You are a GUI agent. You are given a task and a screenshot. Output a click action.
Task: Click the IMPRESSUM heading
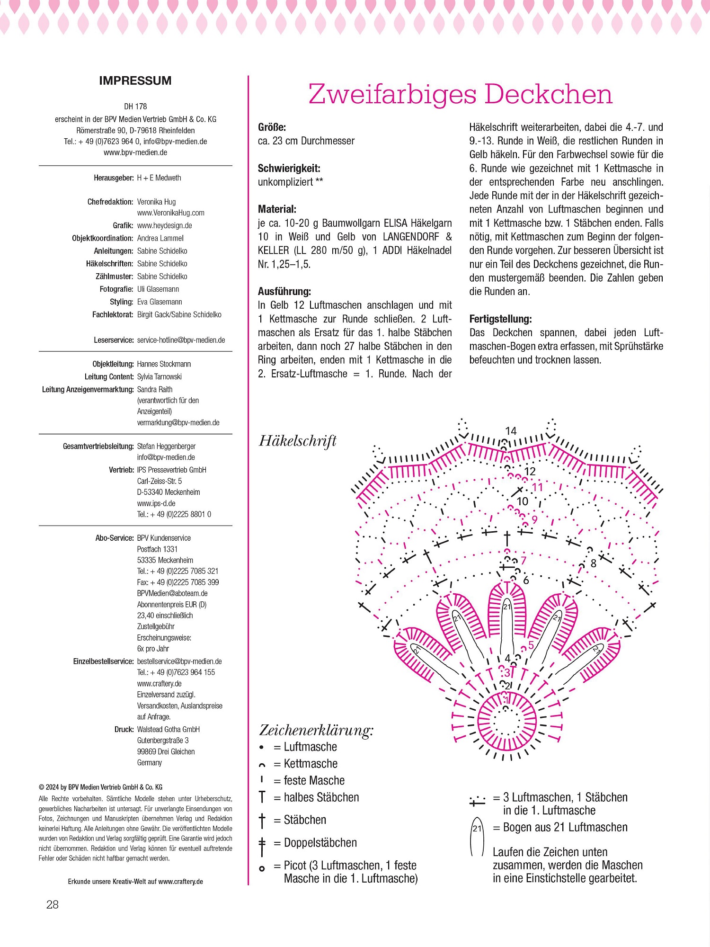135,81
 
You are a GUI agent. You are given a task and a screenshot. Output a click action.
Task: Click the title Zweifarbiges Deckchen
460,94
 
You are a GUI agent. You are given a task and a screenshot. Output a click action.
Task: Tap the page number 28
53,904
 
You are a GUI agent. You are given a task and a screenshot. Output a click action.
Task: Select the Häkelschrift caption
298,441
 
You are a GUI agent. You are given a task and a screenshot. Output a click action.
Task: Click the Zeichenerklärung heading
316,730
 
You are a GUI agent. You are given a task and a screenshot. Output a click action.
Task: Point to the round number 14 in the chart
511,431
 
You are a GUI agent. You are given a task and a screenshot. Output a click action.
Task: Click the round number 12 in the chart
530,471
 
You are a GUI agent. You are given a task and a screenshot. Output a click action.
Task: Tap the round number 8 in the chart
593,563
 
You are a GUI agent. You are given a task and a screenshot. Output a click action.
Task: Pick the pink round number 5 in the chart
531,645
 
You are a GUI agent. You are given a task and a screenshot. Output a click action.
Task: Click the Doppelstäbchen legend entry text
320,843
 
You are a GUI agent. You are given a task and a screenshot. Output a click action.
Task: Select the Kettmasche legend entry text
311,764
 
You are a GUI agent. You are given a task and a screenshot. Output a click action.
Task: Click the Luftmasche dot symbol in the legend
261,748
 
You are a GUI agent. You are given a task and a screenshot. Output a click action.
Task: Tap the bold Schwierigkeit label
289,168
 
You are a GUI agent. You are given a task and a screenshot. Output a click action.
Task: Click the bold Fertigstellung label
500,319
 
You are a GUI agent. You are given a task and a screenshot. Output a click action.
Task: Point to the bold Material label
277,209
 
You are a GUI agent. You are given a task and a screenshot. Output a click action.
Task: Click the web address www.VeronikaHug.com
170,213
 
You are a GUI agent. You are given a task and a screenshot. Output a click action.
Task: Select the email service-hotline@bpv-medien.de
181,340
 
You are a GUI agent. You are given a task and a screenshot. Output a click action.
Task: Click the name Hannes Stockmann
164,364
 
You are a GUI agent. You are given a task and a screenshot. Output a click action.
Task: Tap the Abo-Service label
115,538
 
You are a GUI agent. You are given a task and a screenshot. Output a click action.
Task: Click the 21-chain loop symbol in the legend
477,837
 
